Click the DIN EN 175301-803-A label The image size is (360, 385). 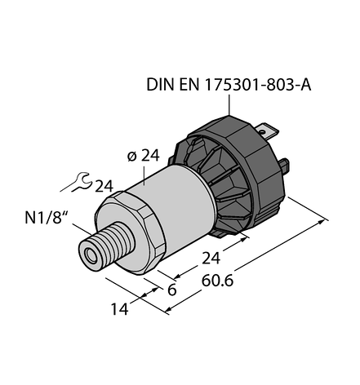pyautogui.click(x=229, y=85)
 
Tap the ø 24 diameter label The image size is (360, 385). pyautogui.click(x=144, y=156)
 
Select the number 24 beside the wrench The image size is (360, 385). pyautogui.click(x=104, y=187)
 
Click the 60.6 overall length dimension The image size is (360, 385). pyautogui.click(x=217, y=281)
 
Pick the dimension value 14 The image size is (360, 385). pyautogui.click(x=119, y=309)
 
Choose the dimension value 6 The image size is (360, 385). pyautogui.click(x=171, y=290)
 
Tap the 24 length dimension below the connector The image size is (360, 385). pyautogui.click(x=211, y=259)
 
